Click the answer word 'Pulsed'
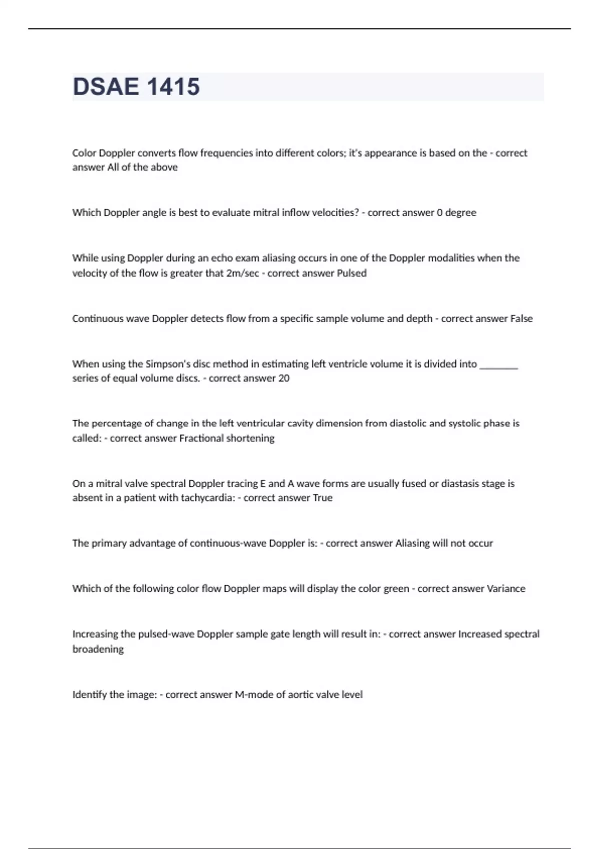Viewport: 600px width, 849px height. pyautogui.click(x=352, y=273)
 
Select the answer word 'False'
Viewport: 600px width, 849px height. pyautogui.click(x=521, y=318)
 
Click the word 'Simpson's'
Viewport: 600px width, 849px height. pyautogui.click(x=168, y=364)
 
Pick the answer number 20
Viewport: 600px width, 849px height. pyautogui.click(x=284, y=378)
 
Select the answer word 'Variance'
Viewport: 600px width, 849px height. pyautogui.click(x=506, y=588)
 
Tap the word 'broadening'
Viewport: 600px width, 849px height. pyautogui.click(x=98, y=649)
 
